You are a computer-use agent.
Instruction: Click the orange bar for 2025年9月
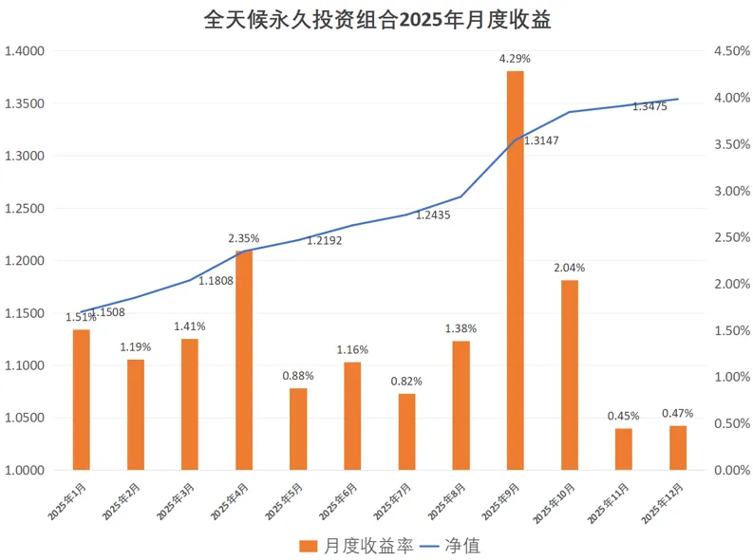[515, 271]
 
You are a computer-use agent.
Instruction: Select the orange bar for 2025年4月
[244, 360]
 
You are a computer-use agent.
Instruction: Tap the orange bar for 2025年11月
[623, 448]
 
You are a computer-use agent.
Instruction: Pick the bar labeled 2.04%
[569, 374]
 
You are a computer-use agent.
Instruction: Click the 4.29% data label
[515, 59]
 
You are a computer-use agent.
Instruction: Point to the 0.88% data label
[298, 376]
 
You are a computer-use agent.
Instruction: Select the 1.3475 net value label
[649, 107]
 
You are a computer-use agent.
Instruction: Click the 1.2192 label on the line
[324, 241]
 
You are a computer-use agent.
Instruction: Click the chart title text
[377, 20]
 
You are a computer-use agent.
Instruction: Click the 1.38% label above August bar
[461, 328]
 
